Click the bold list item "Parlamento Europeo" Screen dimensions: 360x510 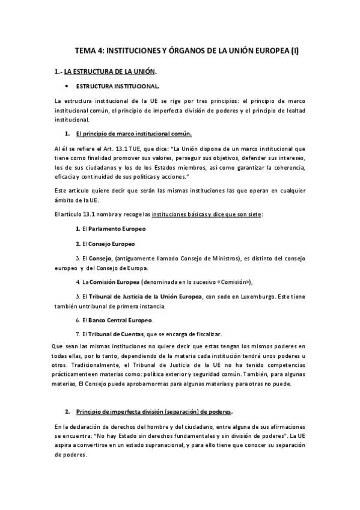[118, 229]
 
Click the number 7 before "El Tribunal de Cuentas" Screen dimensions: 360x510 [78, 334]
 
